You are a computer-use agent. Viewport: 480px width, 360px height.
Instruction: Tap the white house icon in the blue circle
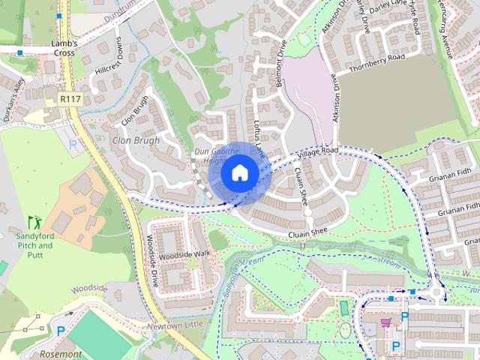tap(240, 172)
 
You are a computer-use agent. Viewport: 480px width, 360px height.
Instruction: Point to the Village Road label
tap(317, 152)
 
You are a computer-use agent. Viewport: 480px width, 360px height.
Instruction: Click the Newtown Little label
tap(175, 324)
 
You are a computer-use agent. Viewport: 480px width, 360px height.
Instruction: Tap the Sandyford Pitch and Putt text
tap(34, 240)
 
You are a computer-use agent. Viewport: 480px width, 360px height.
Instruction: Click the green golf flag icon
tap(34, 222)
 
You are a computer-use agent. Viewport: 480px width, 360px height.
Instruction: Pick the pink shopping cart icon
tap(386, 322)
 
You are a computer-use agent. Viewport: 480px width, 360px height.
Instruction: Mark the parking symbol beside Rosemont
tap(61, 329)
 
